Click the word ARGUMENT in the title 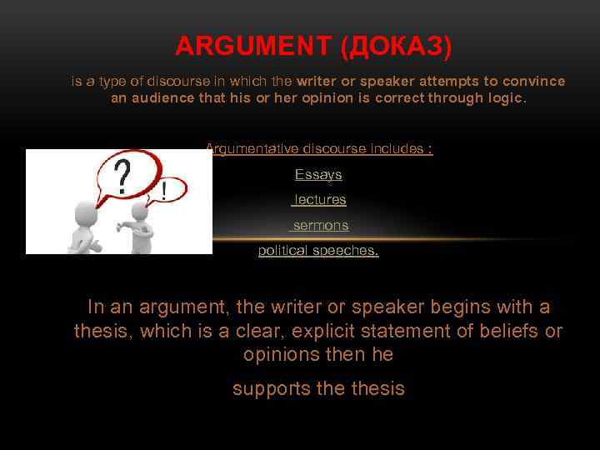click(x=253, y=47)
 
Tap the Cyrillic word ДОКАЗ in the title click(x=396, y=47)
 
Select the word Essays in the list click(x=318, y=175)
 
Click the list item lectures click(x=320, y=200)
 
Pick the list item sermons click(x=321, y=226)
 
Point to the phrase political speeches click(x=318, y=251)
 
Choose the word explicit click(x=320, y=331)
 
